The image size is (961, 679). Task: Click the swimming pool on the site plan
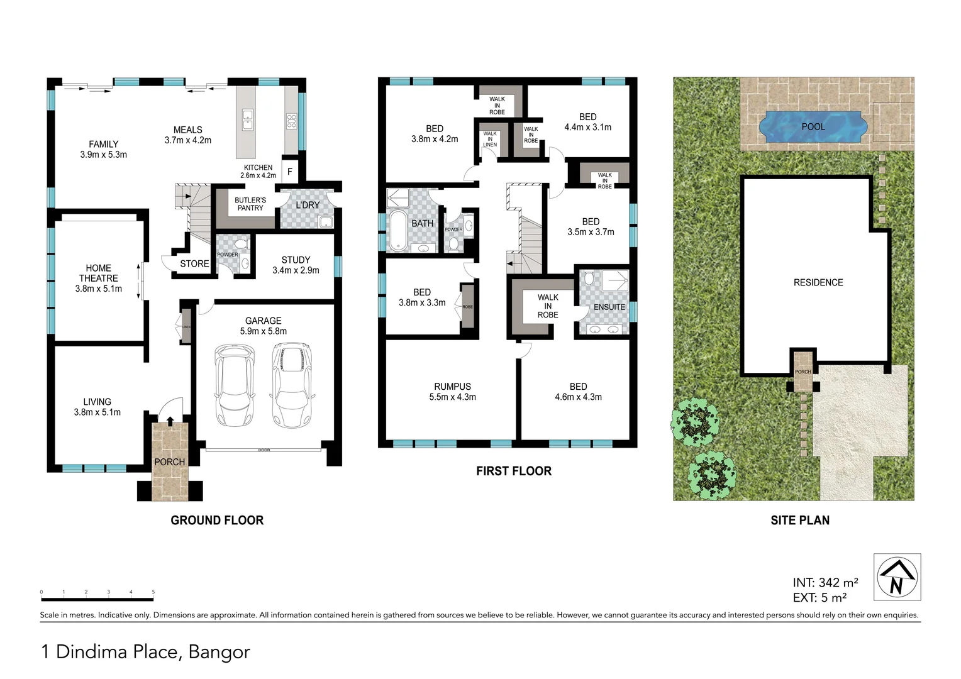click(813, 126)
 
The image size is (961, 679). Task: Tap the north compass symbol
click(897, 577)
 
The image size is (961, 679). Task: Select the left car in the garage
click(235, 385)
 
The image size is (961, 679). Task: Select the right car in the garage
click(292, 385)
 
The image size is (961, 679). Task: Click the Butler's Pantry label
click(250, 204)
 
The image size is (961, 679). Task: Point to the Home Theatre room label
click(99, 278)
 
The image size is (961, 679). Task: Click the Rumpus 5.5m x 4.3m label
click(452, 392)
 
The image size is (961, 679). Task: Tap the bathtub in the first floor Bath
click(397, 231)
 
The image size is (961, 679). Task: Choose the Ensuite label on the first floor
click(609, 307)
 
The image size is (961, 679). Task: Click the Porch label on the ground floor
click(170, 461)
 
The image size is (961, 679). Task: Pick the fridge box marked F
click(290, 171)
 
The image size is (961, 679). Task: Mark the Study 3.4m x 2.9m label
click(296, 265)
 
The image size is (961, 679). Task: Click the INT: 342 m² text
click(825, 583)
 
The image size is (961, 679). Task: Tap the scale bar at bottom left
click(97, 592)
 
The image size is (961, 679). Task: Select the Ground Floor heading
click(217, 520)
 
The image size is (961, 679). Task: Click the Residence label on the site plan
click(818, 282)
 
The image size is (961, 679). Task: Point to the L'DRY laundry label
click(308, 205)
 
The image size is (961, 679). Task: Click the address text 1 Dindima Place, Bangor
click(146, 652)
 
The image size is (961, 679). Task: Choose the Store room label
click(194, 263)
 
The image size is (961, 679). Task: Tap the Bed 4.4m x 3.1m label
click(588, 122)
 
